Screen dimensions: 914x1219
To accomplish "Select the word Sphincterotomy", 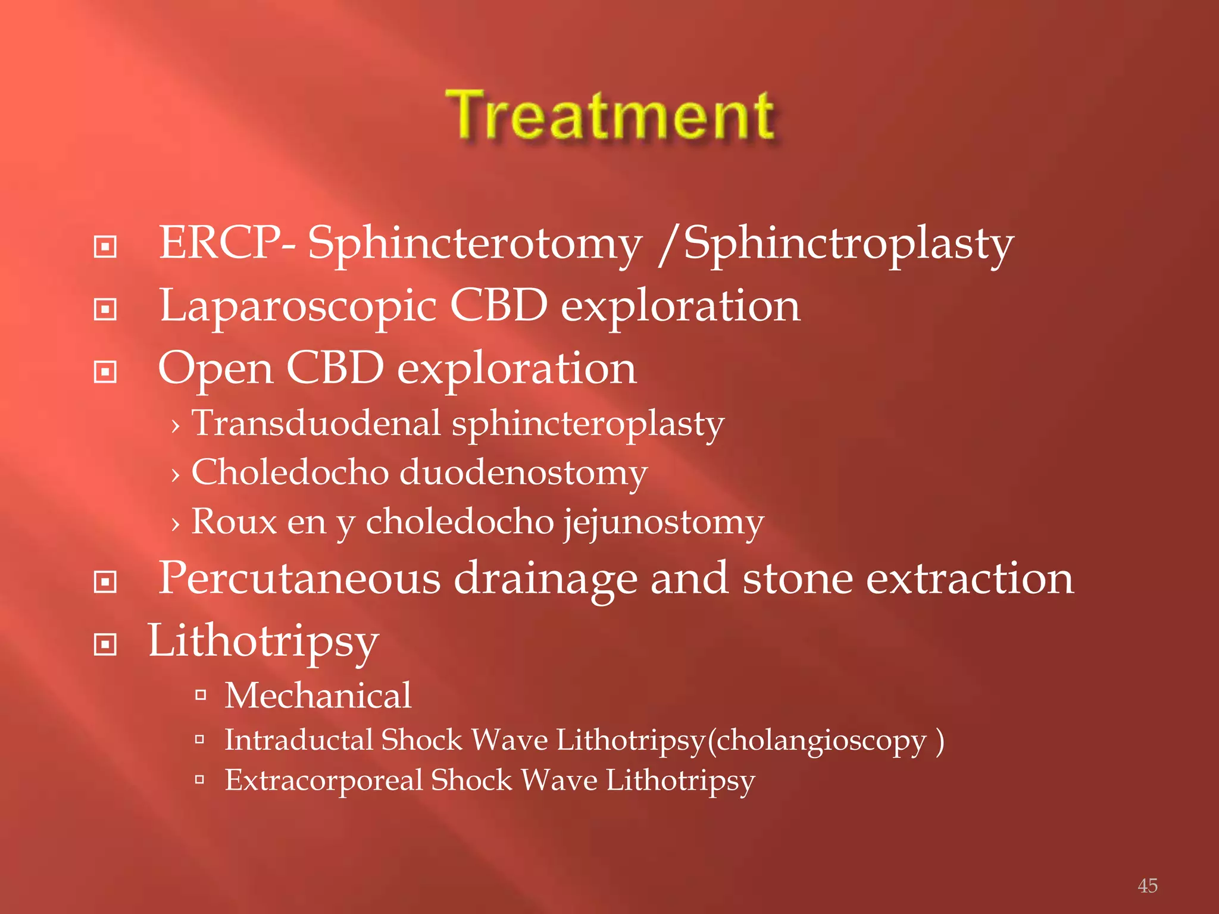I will (475, 244).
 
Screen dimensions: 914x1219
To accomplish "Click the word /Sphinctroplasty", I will (836, 244).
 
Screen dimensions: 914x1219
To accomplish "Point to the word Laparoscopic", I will (298, 306).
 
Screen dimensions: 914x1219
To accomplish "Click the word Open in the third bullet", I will (215, 369).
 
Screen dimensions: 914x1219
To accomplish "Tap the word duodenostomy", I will (523, 472).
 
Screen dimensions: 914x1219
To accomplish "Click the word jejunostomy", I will (664, 523).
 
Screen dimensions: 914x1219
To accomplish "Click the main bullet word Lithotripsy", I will (263, 642).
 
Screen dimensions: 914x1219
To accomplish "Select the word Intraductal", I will (298, 740).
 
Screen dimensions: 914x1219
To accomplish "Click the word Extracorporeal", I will (323, 780).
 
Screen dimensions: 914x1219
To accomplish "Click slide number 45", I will (1147, 885).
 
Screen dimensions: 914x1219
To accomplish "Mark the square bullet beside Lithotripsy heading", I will (105, 644).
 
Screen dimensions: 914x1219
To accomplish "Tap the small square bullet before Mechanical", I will (200, 694).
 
